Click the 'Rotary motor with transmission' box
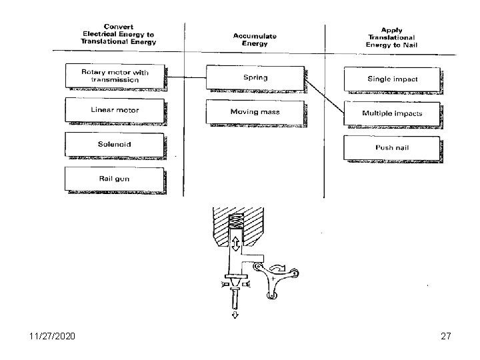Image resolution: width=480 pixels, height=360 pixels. click(x=115, y=75)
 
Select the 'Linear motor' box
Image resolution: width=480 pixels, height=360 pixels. click(x=115, y=110)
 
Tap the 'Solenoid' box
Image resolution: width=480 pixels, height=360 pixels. click(x=115, y=145)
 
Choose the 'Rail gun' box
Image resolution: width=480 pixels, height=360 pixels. click(x=115, y=179)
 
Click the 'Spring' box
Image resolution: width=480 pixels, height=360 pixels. click(x=255, y=77)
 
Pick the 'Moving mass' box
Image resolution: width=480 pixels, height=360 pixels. click(x=255, y=111)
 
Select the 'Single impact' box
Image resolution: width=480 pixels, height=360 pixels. click(x=392, y=79)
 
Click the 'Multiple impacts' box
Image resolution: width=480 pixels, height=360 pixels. click(x=392, y=113)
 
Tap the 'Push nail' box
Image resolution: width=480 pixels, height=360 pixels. click(x=392, y=147)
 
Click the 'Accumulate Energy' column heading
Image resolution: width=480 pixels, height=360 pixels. click(x=251, y=39)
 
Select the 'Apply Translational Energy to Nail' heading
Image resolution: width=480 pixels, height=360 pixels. click(x=390, y=37)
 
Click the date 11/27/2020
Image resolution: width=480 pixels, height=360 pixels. click(x=51, y=337)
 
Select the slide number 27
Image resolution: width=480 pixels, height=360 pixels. click(x=445, y=337)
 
